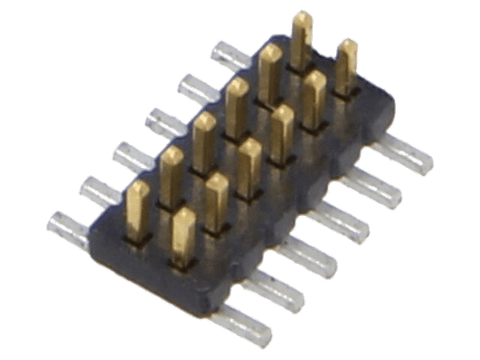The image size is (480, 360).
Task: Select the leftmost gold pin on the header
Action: click(139, 210)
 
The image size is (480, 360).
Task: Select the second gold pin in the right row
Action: click(216, 202)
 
